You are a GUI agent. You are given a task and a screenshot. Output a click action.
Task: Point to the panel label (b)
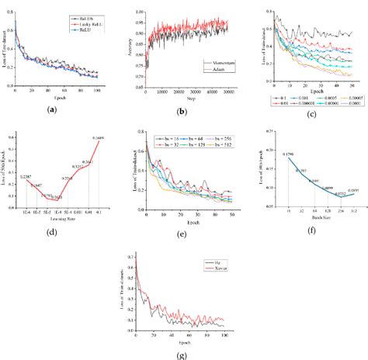pos(182,112)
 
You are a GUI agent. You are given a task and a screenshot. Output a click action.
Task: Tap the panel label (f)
pos(311,229)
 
